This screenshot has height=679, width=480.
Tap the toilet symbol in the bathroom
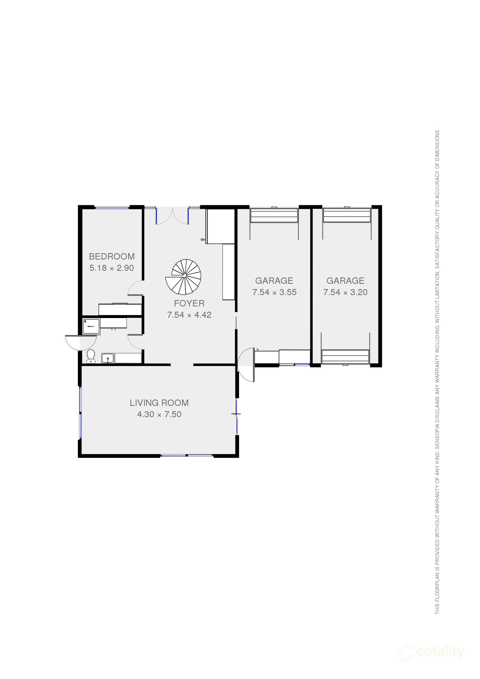click(90, 356)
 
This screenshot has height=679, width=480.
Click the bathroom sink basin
click(108, 359)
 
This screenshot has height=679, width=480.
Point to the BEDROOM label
click(112, 256)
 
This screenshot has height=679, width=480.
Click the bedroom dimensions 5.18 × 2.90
click(112, 268)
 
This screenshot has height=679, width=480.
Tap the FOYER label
click(189, 303)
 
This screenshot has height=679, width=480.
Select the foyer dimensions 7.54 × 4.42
click(189, 315)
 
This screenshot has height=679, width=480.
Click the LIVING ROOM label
click(159, 403)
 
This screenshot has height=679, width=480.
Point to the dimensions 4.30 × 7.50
click(159, 415)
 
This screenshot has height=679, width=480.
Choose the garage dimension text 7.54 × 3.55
click(274, 292)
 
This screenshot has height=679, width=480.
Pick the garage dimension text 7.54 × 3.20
click(345, 292)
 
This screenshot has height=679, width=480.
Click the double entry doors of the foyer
click(172, 216)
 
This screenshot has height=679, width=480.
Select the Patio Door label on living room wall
click(236, 414)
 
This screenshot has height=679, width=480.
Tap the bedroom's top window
click(112, 208)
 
